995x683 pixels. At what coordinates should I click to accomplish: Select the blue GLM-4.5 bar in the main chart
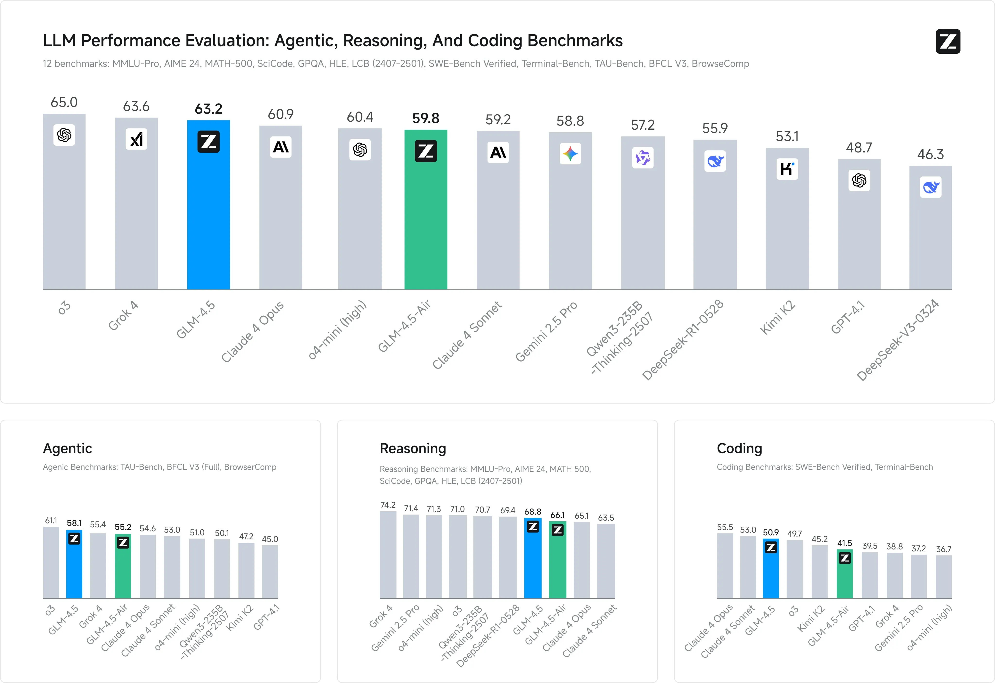(208, 214)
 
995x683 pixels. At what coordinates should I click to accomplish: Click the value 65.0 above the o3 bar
(64, 102)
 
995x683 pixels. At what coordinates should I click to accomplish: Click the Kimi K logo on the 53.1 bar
(787, 169)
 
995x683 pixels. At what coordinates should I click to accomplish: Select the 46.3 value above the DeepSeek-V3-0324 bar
(930, 154)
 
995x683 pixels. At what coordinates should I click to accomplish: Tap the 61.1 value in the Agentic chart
(51, 520)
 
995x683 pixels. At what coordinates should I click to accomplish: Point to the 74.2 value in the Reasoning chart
(388, 505)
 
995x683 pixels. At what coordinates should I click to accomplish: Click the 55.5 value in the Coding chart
(725, 527)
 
